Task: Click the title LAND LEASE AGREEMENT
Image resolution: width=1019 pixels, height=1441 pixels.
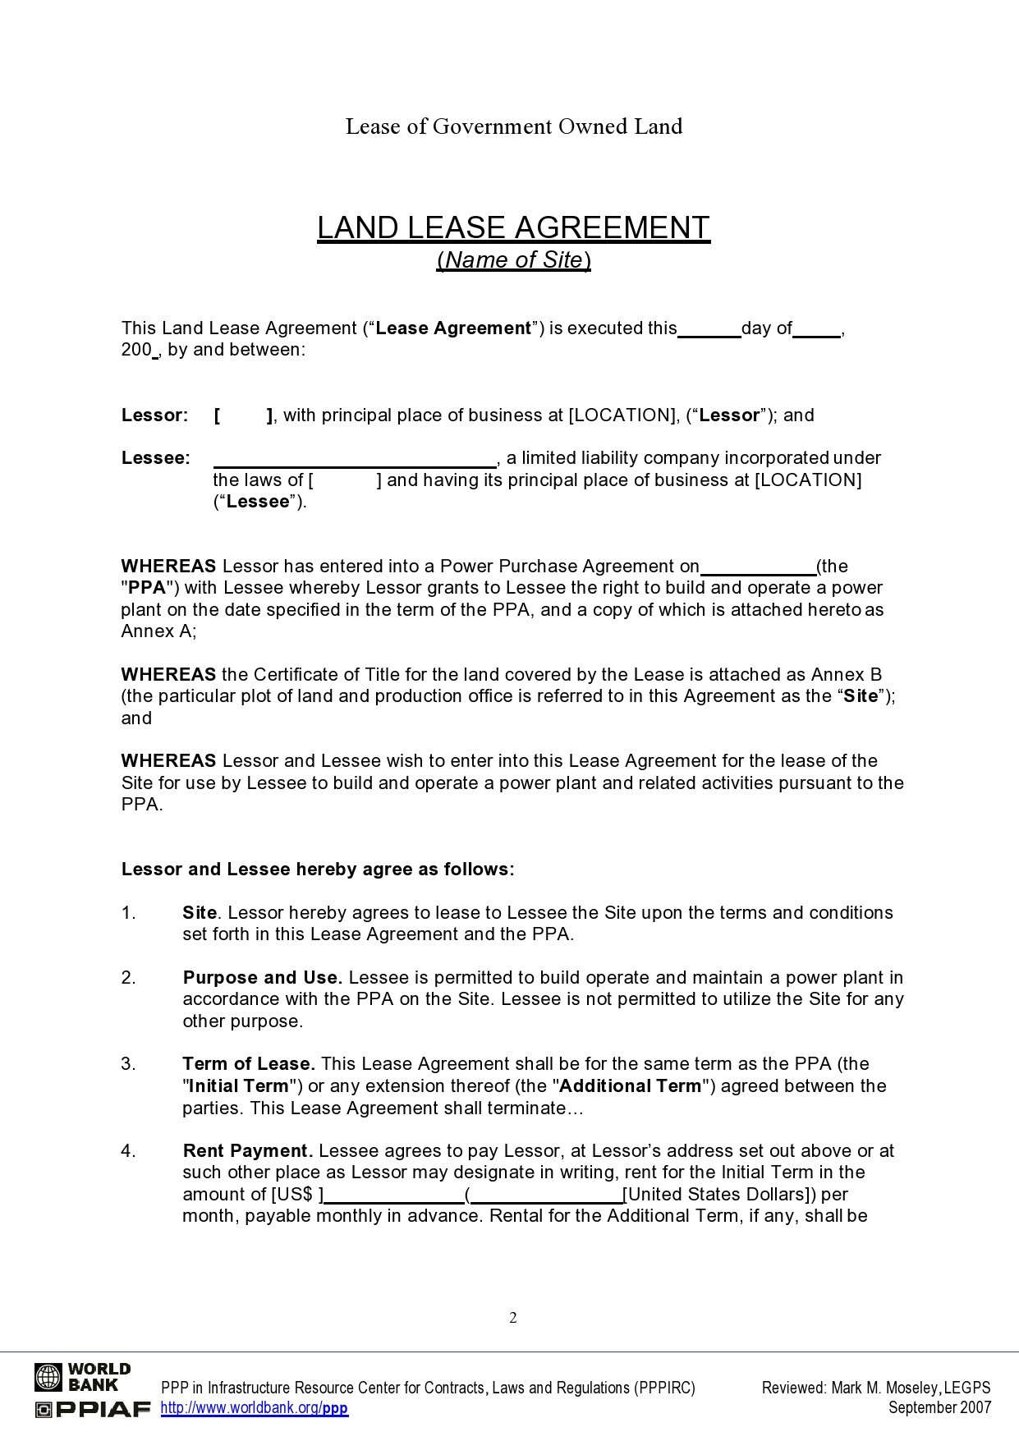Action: point(513,227)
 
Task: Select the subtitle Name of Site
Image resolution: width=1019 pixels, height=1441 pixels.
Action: point(514,260)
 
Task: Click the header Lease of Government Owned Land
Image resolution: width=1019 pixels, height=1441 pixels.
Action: point(513,126)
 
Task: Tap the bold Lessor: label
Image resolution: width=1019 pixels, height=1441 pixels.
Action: point(155,415)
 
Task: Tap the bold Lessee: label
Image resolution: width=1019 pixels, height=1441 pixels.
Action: point(156,458)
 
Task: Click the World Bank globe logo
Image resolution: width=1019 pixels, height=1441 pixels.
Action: point(48,1377)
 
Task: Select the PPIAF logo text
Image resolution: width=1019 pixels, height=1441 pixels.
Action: point(93,1410)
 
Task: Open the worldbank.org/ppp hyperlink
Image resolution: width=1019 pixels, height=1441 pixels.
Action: point(255,1409)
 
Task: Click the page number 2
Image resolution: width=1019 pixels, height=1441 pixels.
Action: point(513,1318)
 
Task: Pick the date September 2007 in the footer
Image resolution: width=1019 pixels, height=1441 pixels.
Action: point(939,1408)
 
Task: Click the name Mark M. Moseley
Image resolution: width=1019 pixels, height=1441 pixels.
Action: point(885,1388)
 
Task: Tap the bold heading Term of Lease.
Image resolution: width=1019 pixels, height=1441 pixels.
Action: point(249,1064)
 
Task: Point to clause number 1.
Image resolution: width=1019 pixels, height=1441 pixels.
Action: point(128,913)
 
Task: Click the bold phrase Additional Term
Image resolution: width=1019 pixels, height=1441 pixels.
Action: point(631,1086)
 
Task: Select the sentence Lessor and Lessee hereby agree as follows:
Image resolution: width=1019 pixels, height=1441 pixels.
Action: point(318,870)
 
